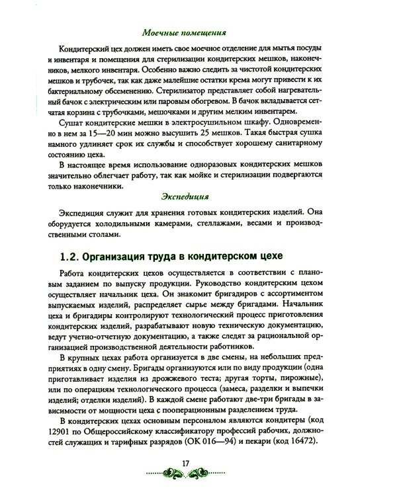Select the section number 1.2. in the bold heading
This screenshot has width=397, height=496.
pyautogui.click(x=71, y=255)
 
